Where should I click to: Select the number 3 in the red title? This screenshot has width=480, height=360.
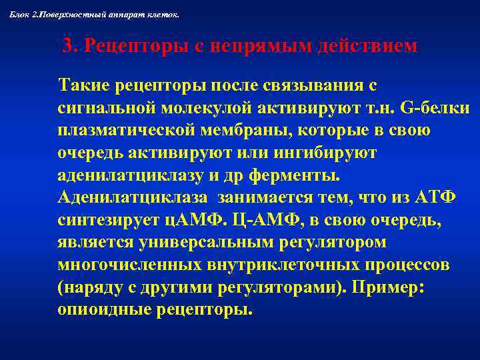(x=67, y=47)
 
